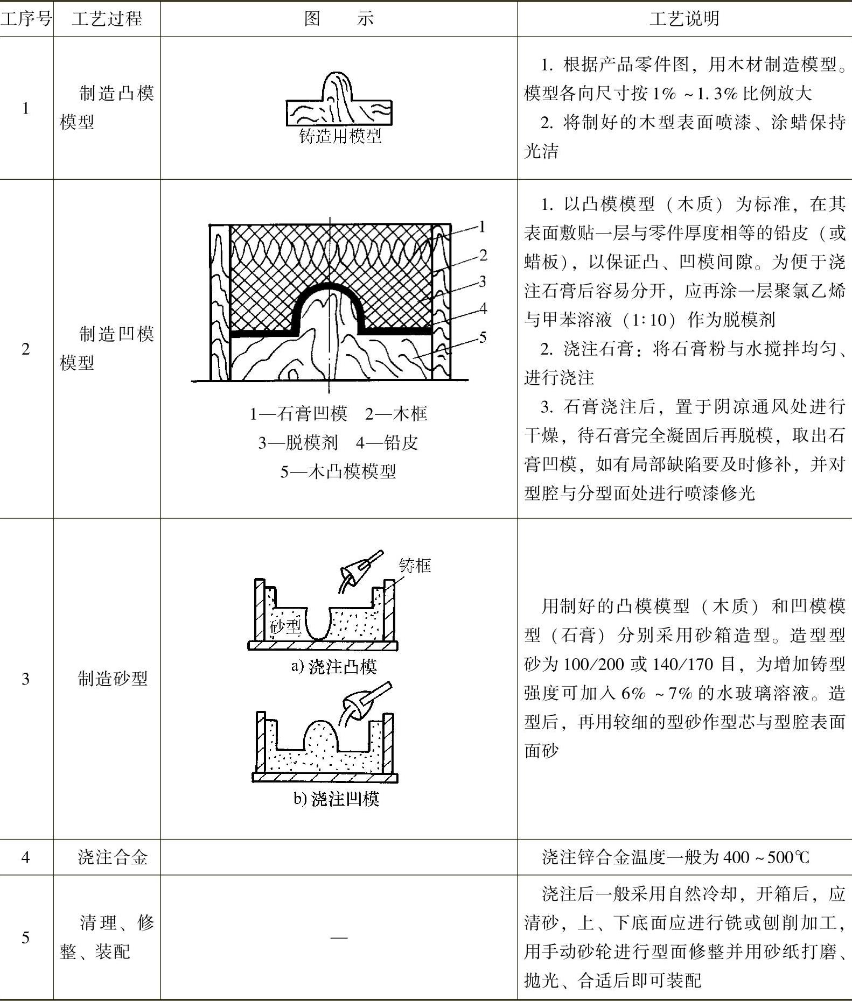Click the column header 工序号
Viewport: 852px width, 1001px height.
[26, 19]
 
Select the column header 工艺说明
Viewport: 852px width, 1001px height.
[684, 19]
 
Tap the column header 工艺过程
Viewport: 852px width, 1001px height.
[107, 19]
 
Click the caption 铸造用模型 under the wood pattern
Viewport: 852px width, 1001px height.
[340, 136]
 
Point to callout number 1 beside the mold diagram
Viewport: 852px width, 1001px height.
[482, 227]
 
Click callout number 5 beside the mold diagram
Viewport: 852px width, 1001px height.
[483, 337]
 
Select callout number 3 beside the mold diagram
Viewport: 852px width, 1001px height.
[483, 281]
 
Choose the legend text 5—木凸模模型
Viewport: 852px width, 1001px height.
[338, 471]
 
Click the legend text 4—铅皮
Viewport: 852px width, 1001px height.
[387, 442]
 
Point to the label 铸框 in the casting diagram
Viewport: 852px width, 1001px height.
[415, 565]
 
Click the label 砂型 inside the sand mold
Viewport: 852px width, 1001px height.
[285, 626]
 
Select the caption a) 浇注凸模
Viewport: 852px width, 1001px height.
[334, 667]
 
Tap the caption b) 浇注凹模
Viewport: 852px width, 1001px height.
[337, 798]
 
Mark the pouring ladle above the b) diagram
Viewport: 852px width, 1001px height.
[364, 700]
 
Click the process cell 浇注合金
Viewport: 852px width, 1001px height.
[112, 857]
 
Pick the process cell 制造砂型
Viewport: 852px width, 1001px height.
[112, 679]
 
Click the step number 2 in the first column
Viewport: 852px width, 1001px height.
[26, 349]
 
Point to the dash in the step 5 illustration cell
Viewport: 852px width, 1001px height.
[339, 937]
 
